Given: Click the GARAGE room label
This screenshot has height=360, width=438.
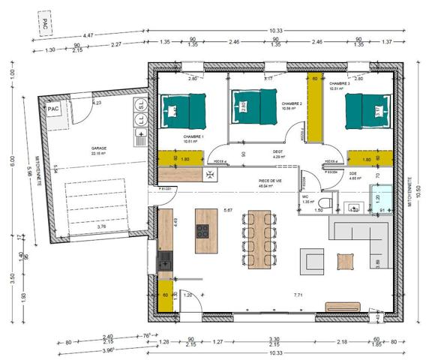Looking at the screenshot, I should tap(99, 148).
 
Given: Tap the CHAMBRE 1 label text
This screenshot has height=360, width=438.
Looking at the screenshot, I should tap(193, 136).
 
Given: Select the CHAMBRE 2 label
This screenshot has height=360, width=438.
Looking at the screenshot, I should tap(292, 104).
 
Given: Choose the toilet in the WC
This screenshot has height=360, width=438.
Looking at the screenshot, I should tap(325, 203).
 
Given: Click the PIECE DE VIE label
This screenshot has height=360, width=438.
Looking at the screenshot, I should tap(269, 180).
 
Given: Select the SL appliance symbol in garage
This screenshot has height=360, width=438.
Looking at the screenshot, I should tap(140, 103).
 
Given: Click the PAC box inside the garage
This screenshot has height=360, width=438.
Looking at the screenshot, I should tap(53, 109).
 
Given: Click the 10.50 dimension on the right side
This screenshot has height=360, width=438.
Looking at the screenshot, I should tap(418, 188).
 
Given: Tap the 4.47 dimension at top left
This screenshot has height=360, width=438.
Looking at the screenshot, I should tap(88, 35).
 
